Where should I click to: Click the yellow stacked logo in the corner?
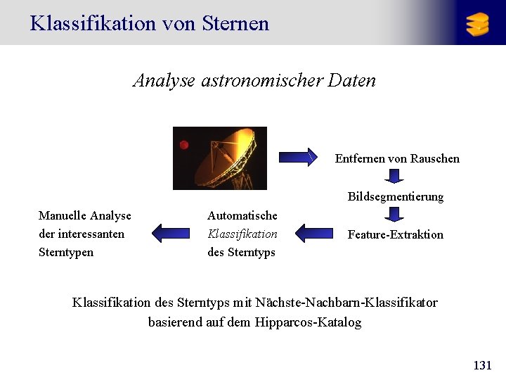click(477, 24)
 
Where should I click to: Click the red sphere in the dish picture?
click(183, 145)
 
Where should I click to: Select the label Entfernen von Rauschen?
click(397, 159)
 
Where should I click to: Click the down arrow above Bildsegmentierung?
click(395, 176)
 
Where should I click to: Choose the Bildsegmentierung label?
click(395, 197)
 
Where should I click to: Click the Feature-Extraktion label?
click(395, 235)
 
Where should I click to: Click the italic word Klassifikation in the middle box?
click(242, 234)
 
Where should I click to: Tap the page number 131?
click(483, 365)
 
